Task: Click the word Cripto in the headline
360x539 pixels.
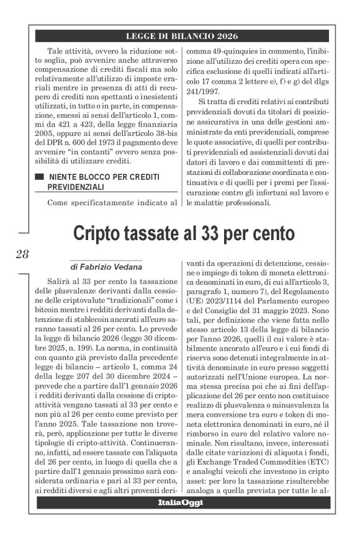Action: click(101, 233)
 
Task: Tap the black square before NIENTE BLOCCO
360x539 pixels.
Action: click(39, 177)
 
